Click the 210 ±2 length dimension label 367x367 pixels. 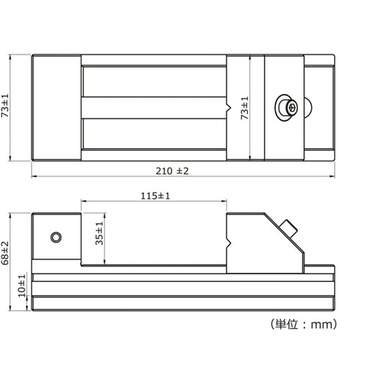point(172,171)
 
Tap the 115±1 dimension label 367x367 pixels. point(155,196)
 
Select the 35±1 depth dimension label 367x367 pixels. point(100,233)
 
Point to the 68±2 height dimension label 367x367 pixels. point(5,253)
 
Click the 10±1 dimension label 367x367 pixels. point(22,286)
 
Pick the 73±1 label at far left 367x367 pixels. point(5,106)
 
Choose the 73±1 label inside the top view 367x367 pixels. point(244,108)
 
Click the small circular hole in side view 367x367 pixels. point(56,237)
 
